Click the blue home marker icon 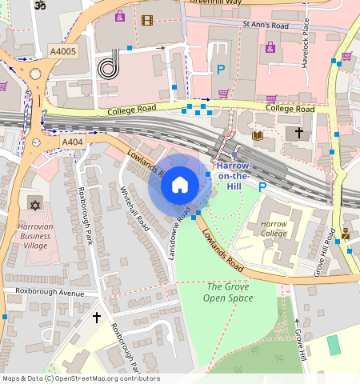[x=180, y=186]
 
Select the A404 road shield [x=72, y=142]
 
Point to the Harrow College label [x=274, y=229]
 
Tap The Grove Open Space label [x=230, y=292]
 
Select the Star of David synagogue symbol [x=34, y=206]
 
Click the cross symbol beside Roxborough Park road [x=97, y=318]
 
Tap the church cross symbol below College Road [x=299, y=132]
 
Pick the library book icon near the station [x=258, y=136]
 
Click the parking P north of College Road [x=220, y=70]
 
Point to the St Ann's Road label [x=265, y=25]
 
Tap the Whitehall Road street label [x=134, y=209]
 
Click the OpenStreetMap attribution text [x=80, y=378]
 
